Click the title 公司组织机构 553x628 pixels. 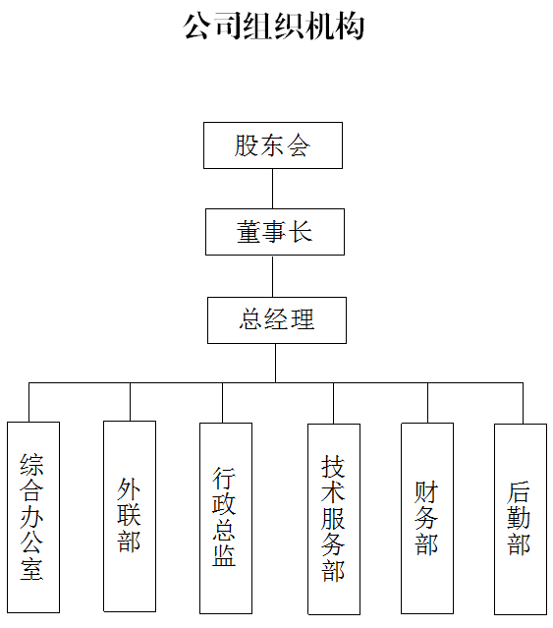tap(274, 27)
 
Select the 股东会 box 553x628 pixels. tap(273, 145)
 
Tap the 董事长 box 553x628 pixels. tap(275, 232)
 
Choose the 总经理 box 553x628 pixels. tap(277, 320)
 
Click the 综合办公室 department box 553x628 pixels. tap(33, 517)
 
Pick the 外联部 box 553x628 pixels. tap(130, 516)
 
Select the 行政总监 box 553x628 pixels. tap(226, 518)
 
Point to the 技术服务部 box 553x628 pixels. tap(334, 519)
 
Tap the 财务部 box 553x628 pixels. tap(427, 518)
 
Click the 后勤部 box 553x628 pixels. tap(521, 519)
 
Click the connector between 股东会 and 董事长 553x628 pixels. tap(273, 189)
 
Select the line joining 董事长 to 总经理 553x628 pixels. tap(273, 276)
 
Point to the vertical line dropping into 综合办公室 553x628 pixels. tap(28, 402)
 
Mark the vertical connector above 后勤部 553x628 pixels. tap(523, 403)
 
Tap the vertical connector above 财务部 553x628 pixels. tap(427, 403)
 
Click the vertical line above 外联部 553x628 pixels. tap(130, 402)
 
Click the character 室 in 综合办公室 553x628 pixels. tap(31, 569)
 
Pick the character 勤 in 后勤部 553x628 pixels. tap(519, 518)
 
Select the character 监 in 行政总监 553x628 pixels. tap(224, 555)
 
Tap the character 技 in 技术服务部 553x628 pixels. tap(333, 466)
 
